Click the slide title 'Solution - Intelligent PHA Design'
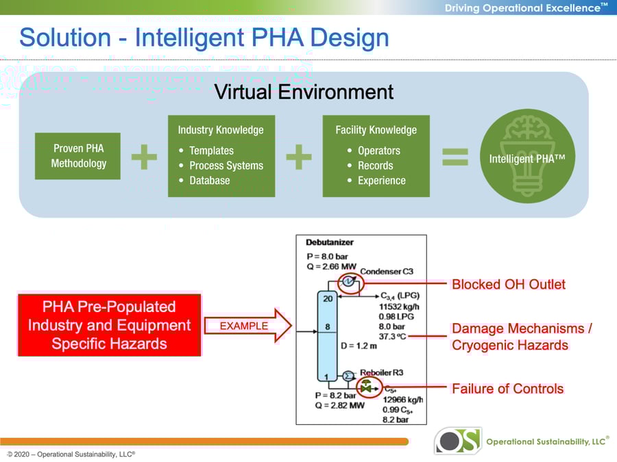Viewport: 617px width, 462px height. [x=204, y=37]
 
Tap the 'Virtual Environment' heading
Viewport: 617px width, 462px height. [x=304, y=92]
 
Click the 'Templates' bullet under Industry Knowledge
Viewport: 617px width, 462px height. [x=211, y=151]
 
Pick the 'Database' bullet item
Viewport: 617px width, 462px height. [x=209, y=181]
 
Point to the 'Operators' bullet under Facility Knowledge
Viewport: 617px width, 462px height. [x=378, y=151]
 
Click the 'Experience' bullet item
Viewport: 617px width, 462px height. [x=381, y=181]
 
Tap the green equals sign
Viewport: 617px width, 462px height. [x=455, y=157]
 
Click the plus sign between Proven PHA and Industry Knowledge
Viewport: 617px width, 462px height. [x=144, y=157]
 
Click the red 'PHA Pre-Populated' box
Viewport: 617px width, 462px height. [x=109, y=325]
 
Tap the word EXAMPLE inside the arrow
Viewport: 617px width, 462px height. [x=243, y=326]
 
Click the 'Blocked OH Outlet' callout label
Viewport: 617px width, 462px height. [x=508, y=284]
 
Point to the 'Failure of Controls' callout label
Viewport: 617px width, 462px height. [x=507, y=389]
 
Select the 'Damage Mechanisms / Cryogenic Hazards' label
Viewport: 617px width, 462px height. [x=522, y=337]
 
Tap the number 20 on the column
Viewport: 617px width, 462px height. [x=328, y=298]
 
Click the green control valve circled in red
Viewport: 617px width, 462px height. [x=367, y=387]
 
